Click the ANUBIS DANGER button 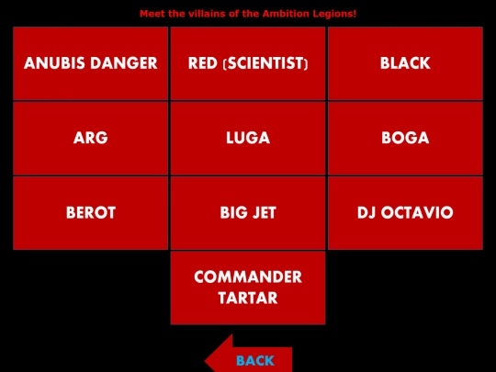click(90, 63)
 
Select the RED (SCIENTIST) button click(248, 63)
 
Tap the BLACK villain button click(405, 63)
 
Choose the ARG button click(90, 138)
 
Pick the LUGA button click(248, 138)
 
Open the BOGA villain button click(405, 138)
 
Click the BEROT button click(90, 213)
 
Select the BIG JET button click(248, 213)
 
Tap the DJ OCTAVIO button click(405, 213)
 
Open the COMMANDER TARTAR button click(248, 287)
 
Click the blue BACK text click(255, 361)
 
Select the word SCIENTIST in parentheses click(265, 63)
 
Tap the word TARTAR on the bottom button click(248, 298)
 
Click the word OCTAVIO click(417, 212)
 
